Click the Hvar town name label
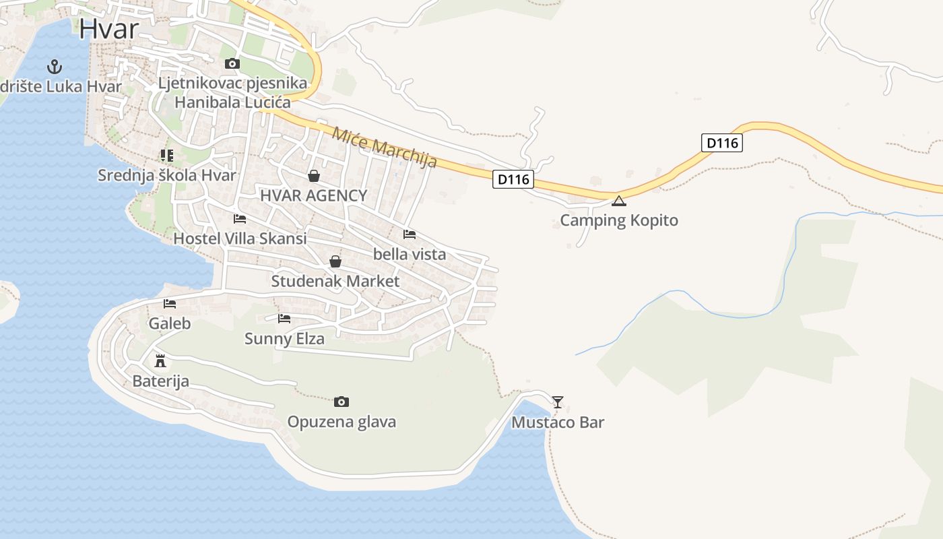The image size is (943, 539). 108,29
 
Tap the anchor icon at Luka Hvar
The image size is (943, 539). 55,67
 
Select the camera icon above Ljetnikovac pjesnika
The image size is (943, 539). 232,64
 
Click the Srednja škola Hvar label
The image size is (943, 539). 167,176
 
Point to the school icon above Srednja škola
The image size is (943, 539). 167,156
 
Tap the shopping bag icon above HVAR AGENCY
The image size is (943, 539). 314,177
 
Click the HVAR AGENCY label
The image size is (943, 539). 314,196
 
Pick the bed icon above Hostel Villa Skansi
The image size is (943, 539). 240,219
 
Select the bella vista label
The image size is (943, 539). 410,255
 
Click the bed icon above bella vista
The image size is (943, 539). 410,234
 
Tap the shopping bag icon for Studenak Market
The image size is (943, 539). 335,261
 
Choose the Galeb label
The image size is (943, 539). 170,323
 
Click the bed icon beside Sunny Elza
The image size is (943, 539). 284,319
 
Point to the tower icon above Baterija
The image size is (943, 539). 160,360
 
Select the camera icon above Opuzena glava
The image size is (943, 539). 342,402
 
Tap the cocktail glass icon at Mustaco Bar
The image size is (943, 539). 558,402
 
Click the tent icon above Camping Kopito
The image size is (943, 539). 619,201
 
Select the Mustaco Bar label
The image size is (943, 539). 558,423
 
